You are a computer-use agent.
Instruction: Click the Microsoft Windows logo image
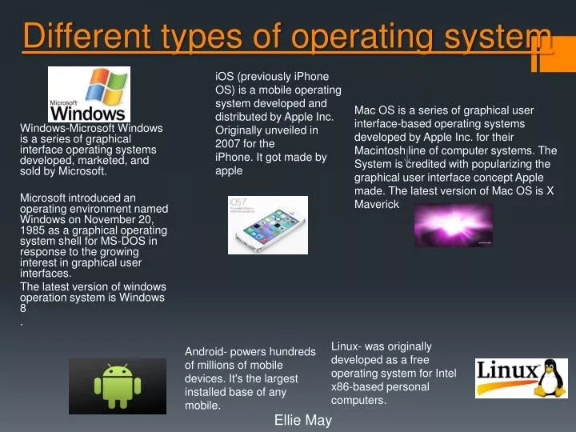click(x=89, y=94)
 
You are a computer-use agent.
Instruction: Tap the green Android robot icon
click(x=118, y=385)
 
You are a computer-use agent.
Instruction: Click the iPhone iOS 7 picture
click(x=267, y=225)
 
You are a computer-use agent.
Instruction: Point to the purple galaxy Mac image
click(x=453, y=223)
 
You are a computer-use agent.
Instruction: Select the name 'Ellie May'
click(x=302, y=420)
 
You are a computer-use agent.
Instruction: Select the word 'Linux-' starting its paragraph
click(x=347, y=346)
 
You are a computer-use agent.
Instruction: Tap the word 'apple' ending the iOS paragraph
click(x=229, y=171)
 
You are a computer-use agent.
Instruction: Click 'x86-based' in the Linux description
click(x=359, y=387)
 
